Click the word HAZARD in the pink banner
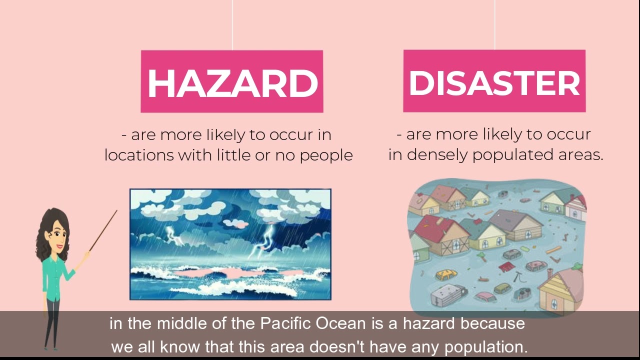coord(232,82)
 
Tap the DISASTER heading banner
coord(494,81)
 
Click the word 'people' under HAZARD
coord(326,155)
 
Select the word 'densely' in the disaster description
coord(437,155)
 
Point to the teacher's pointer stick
coord(103,230)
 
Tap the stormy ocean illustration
coord(230,244)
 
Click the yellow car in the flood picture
coord(446,274)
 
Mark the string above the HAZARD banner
coord(232,25)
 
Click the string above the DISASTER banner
coord(494,25)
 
